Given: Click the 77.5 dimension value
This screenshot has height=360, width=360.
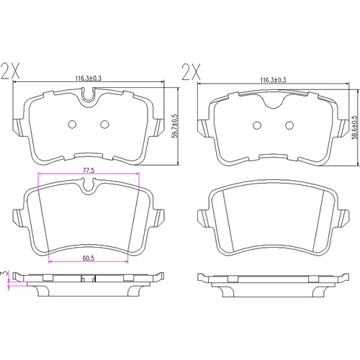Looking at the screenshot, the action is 89,171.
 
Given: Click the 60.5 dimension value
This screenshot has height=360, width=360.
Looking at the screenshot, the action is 89,258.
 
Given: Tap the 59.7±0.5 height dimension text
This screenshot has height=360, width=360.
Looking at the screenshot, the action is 176,126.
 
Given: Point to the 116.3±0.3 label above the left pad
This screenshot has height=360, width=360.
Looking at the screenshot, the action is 89,78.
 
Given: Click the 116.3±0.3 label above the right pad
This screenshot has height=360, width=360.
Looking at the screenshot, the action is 273,80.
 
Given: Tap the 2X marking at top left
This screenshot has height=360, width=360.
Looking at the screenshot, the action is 10,71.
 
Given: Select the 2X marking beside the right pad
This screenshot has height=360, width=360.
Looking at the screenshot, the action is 191,72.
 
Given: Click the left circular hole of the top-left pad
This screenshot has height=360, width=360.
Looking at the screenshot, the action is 72,124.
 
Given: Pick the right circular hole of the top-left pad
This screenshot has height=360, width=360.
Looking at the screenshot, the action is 104,124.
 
